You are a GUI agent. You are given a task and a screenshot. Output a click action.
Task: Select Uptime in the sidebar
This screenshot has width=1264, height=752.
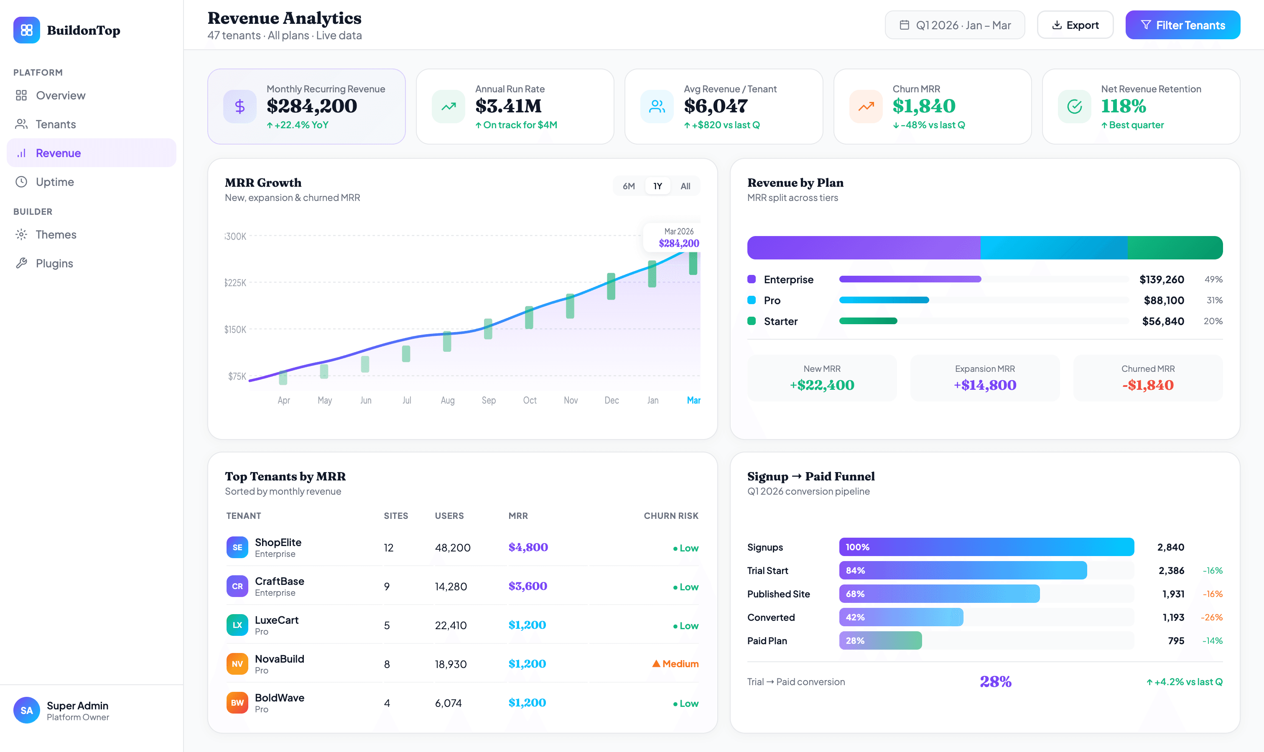(55, 182)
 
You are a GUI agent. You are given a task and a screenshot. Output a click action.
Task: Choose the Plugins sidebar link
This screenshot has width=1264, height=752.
(54, 264)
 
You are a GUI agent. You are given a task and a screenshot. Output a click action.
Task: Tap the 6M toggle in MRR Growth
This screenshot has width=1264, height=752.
(628, 186)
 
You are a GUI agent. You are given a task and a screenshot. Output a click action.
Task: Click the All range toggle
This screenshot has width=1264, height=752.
(685, 186)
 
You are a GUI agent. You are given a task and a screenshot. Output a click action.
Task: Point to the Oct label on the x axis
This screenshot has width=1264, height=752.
(529, 400)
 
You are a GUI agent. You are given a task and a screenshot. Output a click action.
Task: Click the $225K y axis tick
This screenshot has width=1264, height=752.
(235, 283)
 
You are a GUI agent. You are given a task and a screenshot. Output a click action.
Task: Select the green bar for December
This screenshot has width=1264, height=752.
(611, 286)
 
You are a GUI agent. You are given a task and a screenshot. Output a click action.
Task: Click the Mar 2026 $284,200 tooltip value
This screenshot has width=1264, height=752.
(678, 243)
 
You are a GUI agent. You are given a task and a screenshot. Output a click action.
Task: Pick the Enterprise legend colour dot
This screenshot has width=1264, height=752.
(752, 279)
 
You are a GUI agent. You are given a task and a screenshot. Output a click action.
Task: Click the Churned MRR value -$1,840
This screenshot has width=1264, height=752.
(1147, 385)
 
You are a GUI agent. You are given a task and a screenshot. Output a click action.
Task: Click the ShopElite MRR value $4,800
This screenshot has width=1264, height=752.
(528, 547)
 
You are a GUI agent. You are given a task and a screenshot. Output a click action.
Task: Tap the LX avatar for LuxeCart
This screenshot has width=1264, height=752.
(237, 625)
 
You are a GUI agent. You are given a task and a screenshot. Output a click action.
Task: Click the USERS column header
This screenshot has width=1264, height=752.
(449, 516)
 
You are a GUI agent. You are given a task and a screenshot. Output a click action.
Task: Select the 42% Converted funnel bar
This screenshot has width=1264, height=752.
(900, 617)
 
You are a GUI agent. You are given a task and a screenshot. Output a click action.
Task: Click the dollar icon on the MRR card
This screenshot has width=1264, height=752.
(240, 107)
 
